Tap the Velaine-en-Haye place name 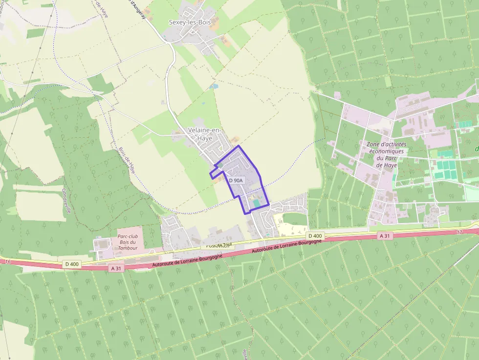coord(204,134)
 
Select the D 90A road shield coord(236,180)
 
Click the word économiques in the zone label coord(386,151)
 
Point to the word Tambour coord(128,248)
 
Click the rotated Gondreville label coord(67,200)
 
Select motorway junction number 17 coord(459,232)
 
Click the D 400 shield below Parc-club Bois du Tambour coord(71,264)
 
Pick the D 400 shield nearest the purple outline coord(316,236)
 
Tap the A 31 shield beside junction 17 coord(386,236)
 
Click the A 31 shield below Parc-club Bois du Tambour coord(116,268)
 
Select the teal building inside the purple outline coord(256,203)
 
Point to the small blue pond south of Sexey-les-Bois coord(213,86)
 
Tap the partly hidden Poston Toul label coord(218,245)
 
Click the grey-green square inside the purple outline coord(220,165)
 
